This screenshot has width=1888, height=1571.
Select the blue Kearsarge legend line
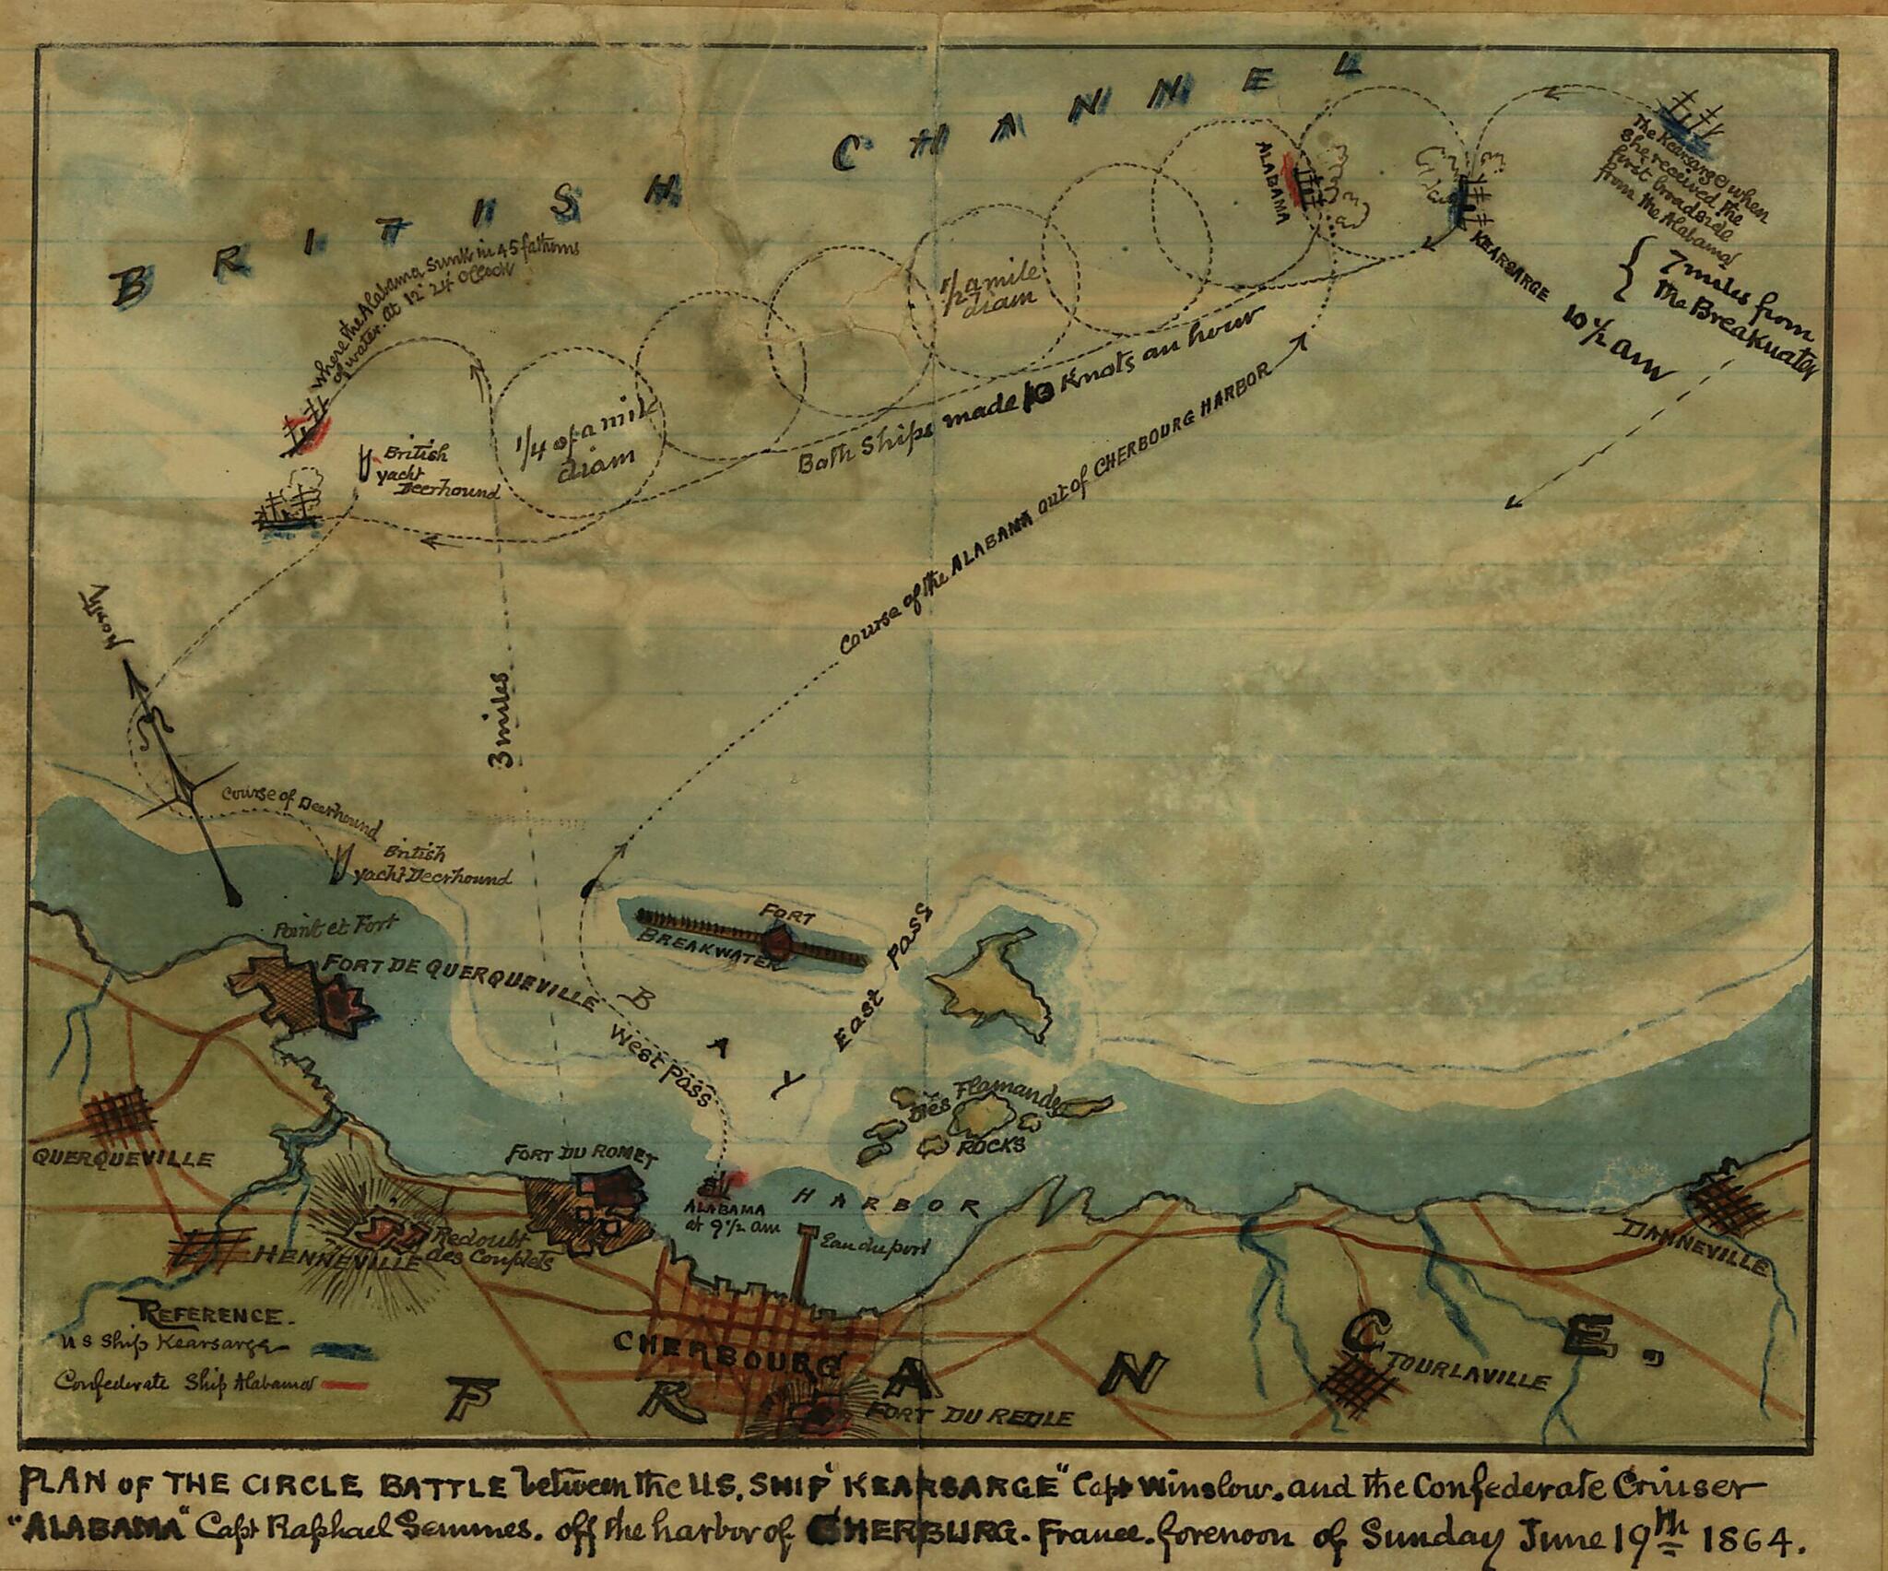(341, 1349)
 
